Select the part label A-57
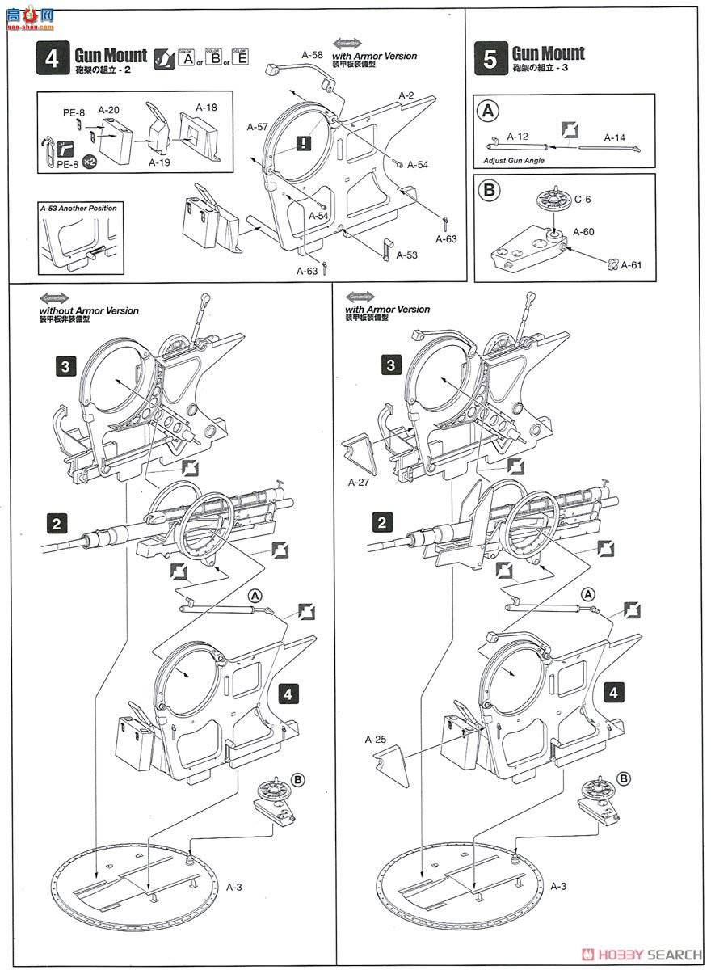click(x=257, y=128)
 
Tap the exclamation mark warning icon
click(x=303, y=144)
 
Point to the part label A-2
click(x=406, y=95)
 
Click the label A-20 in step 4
click(x=108, y=109)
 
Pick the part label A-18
click(x=207, y=106)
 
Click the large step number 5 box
click(x=491, y=60)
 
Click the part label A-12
click(x=519, y=137)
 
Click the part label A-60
click(x=583, y=232)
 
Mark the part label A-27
click(x=359, y=481)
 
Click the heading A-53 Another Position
click(x=78, y=209)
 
